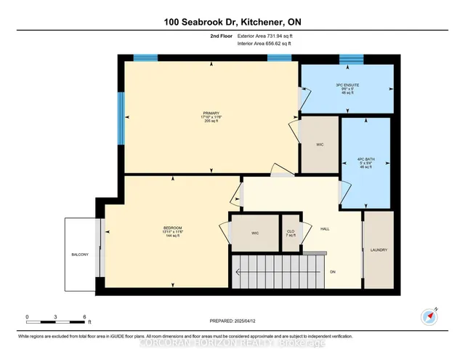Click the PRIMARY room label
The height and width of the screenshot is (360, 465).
click(211, 112)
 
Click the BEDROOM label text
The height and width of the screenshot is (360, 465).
click(172, 228)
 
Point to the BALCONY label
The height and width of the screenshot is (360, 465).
click(80, 254)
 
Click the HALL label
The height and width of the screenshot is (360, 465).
click(325, 228)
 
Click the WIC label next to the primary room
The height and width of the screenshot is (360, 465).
click(320, 145)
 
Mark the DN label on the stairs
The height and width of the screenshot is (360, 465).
click(332, 273)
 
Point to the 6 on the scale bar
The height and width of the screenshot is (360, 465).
click(85, 317)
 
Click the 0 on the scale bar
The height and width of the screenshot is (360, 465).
click(27, 317)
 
